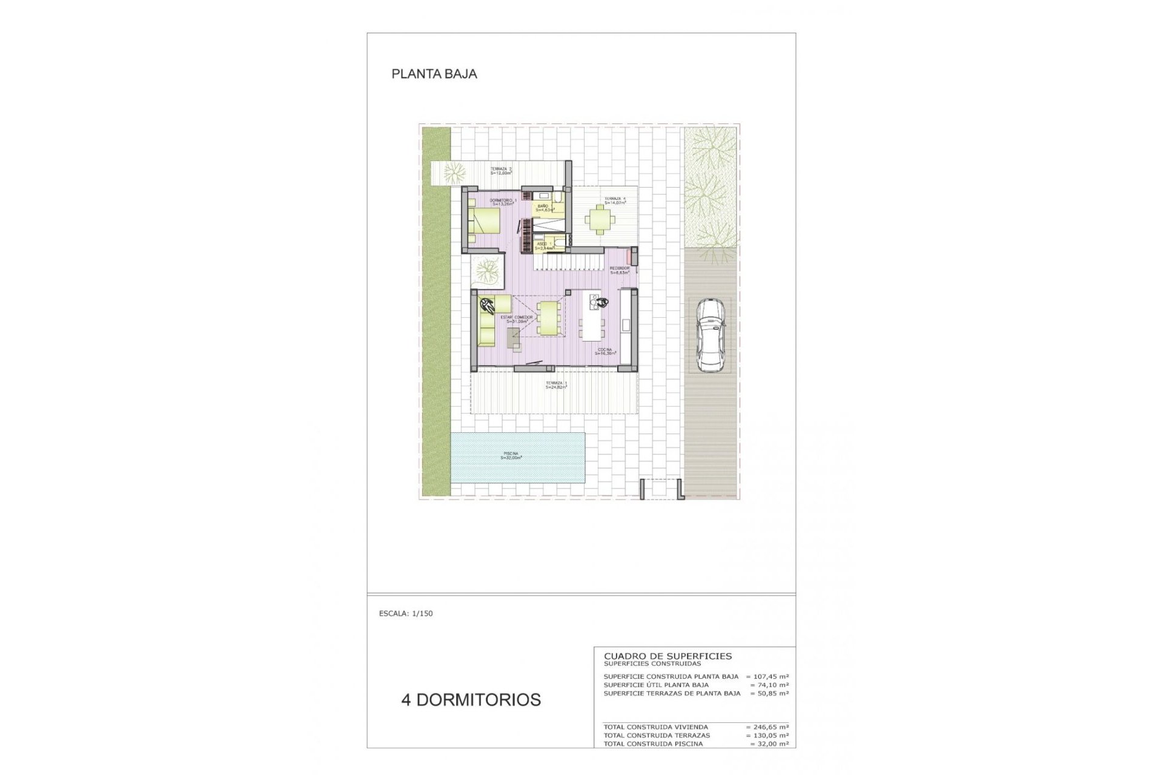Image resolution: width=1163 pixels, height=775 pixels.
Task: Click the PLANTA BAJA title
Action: pos(434,74)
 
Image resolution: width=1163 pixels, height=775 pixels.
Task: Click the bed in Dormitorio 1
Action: pos(483,222)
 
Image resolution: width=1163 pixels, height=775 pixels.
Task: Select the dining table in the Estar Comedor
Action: pos(548,317)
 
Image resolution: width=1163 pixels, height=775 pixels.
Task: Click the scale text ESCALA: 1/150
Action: pos(406,613)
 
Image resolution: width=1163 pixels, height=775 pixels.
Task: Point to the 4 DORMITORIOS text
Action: pos(471,700)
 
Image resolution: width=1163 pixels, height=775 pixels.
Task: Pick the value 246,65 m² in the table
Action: pos(768,727)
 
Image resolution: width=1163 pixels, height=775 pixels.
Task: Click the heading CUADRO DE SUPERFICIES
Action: pos(668,656)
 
